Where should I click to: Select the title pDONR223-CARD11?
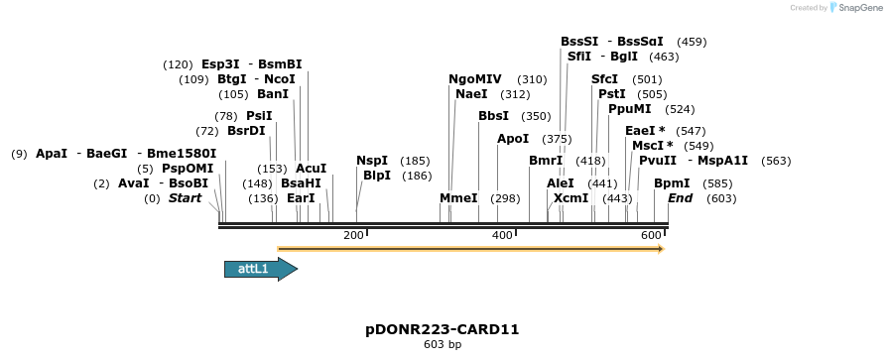click(443, 329)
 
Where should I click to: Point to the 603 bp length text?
click(443, 345)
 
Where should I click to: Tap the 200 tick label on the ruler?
click(352, 235)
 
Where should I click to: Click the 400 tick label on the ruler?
click(502, 235)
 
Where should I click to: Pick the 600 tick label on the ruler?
click(651, 235)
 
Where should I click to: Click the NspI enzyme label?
click(372, 161)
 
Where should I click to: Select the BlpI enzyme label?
click(376, 176)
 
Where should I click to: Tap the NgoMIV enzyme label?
click(475, 79)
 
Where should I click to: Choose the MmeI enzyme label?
click(458, 198)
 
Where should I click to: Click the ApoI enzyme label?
click(513, 139)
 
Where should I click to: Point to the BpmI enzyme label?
click(672, 183)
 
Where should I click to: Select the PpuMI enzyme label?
click(630, 109)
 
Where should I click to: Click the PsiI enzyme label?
click(259, 116)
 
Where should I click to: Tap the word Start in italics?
click(185, 198)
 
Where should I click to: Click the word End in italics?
click(681, 198)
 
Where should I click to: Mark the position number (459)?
click(692, 42)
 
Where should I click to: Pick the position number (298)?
click(506, 198)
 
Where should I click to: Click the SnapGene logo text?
click(858, 8)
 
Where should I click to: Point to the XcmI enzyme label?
click(570, 198)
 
